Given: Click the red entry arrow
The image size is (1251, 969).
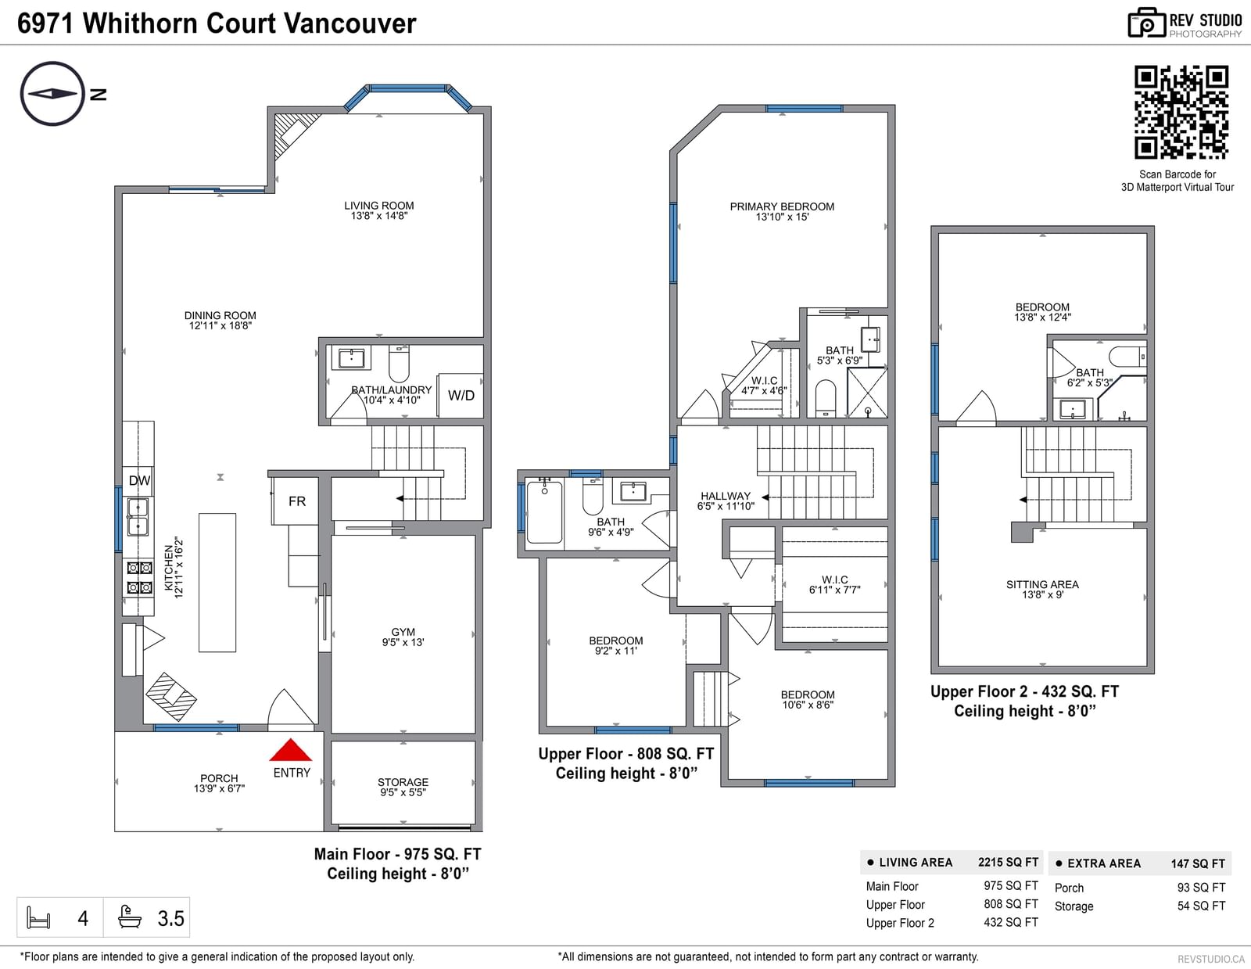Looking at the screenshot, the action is coord(291,750).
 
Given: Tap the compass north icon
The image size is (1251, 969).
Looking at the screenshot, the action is coord(52,94).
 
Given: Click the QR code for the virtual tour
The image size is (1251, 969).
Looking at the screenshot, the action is coord(1181,113).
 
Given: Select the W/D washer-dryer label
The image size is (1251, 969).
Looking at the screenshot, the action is coord(461,396).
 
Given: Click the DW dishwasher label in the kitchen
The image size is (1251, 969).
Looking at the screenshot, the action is coord(139,481).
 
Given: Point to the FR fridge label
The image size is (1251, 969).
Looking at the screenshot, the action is coord(297,501).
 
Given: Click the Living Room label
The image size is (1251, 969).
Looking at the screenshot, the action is coord(378,206).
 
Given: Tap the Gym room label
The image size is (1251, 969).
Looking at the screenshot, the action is coord(403,632).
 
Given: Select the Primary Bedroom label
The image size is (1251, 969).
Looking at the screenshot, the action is coord(782,206).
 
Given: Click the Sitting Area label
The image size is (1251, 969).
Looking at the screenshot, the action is coord(1042,584).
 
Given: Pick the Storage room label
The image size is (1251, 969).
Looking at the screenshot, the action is coord(403,782).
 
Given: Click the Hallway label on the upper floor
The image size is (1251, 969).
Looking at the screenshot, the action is coord(726,496).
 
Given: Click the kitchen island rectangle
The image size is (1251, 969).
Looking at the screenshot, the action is coord(217,583).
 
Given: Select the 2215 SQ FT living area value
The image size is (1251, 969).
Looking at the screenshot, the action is coord(1008,862).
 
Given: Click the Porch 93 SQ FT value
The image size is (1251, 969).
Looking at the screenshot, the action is coord(1201,887).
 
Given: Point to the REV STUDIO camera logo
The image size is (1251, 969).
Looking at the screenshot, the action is coord(1146,23).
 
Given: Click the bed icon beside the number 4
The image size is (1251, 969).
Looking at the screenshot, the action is coord(38,917).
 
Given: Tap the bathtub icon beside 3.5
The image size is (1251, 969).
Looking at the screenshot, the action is coord(129,917).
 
